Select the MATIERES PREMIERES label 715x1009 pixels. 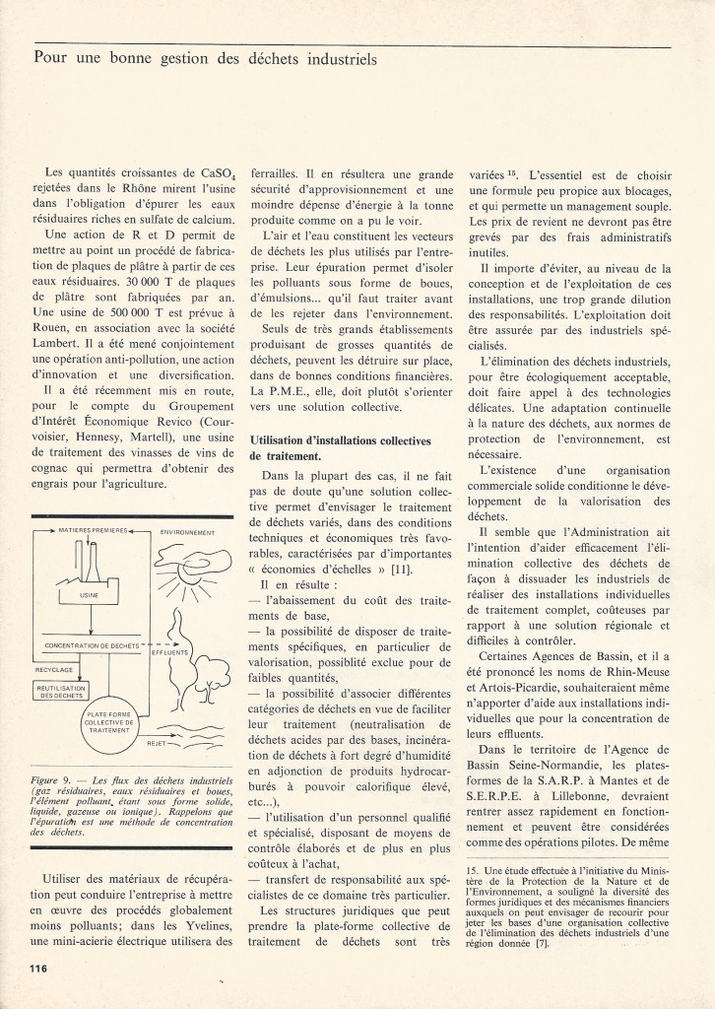click(95, 529)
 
